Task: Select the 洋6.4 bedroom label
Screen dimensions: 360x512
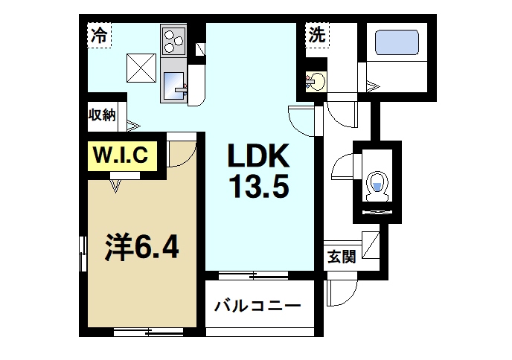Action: click(141, 246)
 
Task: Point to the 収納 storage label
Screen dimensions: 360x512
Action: click(102, 115)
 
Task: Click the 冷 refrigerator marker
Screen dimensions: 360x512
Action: click(98, 33)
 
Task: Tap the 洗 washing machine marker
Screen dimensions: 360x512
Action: click(317, 33)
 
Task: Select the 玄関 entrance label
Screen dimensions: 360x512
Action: click(340, 257)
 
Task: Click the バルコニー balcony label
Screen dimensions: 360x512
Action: click(257, 306)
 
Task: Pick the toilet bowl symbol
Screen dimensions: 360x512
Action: click(377, 183)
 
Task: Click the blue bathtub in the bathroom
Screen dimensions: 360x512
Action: click(397, 42)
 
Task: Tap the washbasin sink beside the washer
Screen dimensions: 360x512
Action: click(316, 80)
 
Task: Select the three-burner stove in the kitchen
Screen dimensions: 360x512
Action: click(173, 39)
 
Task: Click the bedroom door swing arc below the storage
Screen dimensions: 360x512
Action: click(182, 154)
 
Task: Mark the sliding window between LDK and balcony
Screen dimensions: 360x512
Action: click(257, 276)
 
